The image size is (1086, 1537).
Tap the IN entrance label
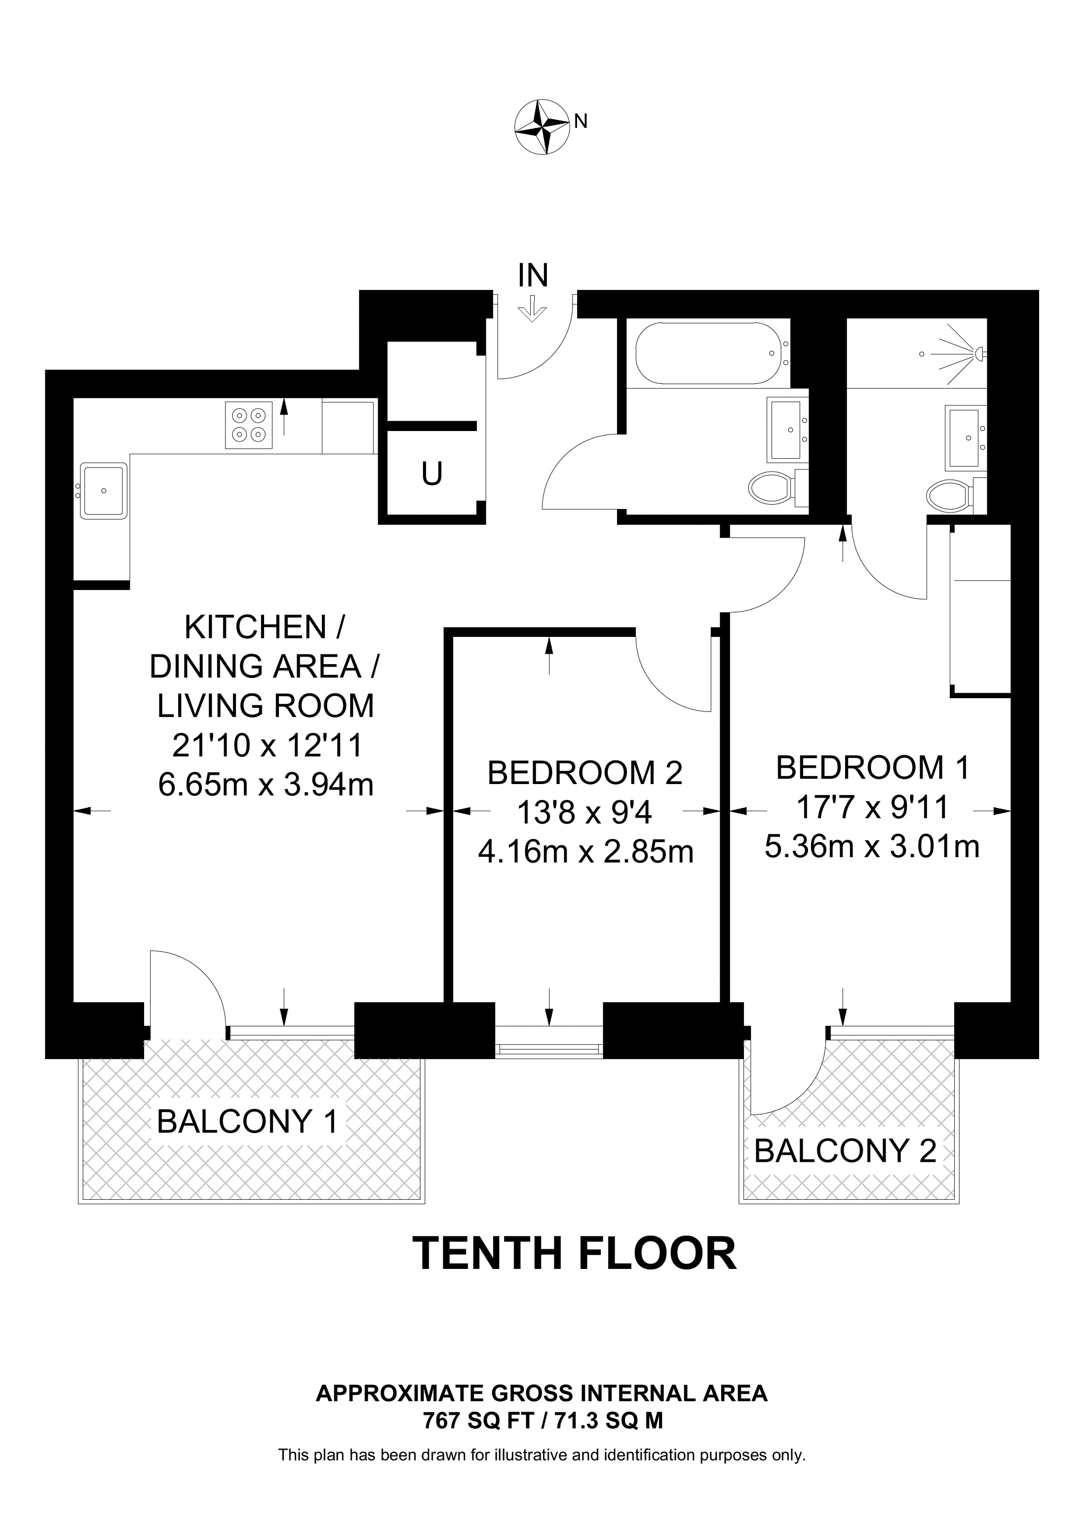[x=533, y=275]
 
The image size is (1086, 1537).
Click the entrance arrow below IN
[x=533, y=310]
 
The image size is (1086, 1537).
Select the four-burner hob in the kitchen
[x=249, y=425]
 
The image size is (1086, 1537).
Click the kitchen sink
[x=103, y=491]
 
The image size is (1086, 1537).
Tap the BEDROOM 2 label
[x=585, y=773]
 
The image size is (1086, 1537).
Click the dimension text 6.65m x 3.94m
[x=266, y=785]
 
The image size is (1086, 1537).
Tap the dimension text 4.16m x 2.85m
[x=585, y=852]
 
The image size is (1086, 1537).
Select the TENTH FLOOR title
[x=575, y=1254]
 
